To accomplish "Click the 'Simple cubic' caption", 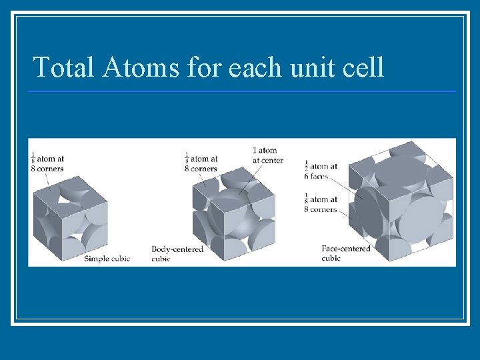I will tap(107, 259).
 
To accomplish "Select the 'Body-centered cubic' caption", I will tap(177, 253).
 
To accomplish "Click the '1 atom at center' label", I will tap(267, 155).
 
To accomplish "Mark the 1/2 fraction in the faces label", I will tap(307, 166).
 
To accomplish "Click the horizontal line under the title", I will tap(243, 91).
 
